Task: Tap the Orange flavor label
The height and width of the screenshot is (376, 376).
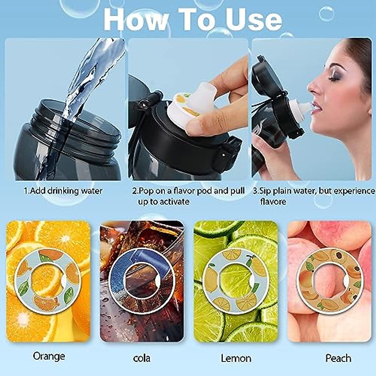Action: pos(49,356)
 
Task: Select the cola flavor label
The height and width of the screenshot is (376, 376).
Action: pos(142,358)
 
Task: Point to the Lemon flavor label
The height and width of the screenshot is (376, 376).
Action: pos(236,358)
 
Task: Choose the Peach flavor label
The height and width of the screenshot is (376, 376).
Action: pos(338,358)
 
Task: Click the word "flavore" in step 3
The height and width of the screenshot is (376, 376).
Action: pos(273,201)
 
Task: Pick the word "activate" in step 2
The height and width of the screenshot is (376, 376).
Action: pos(174,201)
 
